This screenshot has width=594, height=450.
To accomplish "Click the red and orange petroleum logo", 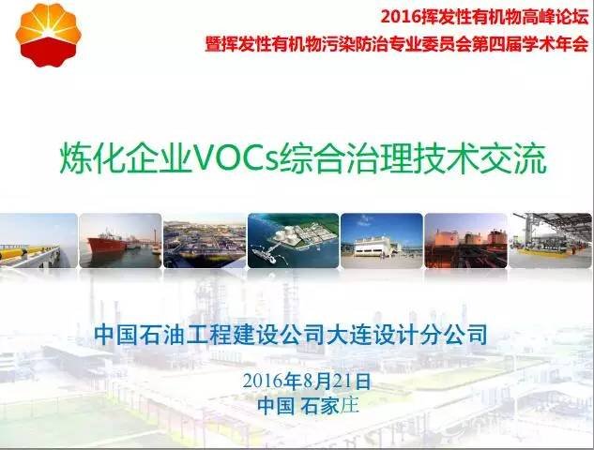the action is [48, 36].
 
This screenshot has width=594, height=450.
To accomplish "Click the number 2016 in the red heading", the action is [402, 17].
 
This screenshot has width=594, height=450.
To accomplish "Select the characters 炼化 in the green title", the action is [93, 158].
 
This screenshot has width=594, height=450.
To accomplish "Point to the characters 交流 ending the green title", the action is [513, 158].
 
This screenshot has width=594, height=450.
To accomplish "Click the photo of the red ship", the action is [120, 241].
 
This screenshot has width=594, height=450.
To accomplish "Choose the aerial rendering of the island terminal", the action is [293, 241].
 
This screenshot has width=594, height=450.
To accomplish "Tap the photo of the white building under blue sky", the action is [382, 241].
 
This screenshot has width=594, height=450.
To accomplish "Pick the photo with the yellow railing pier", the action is [38, 241].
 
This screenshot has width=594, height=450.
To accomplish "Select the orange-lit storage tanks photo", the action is [465, 241].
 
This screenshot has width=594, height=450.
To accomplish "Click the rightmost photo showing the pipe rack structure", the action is [551, 241].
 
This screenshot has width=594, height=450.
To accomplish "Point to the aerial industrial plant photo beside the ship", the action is [205, 241].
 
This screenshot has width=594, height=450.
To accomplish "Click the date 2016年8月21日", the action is [307, 382].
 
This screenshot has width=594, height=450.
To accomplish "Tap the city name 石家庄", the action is [329, 406].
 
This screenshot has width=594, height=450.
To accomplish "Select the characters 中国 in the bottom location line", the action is [276, 406].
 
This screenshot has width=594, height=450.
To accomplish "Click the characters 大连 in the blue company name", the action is [349, 335].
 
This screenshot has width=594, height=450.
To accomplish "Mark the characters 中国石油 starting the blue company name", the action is [140, 335].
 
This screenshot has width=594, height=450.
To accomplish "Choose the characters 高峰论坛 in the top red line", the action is [556, 17].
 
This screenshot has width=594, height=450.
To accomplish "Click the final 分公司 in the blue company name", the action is [453, 335].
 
